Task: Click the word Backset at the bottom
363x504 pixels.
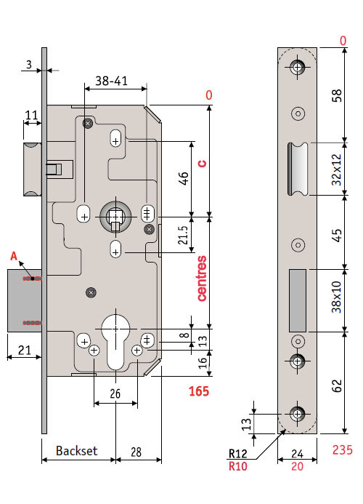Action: coord(76,451)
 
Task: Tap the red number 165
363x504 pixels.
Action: coord(199,391)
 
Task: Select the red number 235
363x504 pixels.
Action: coord(343,449)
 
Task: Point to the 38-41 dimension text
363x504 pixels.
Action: coord(111,81)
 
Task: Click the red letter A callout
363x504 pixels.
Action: coord(14,256)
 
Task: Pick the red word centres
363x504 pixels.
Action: coord(202,279)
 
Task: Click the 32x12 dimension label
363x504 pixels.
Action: coord(337,169)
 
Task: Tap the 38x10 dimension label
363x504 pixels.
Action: coord(337,297)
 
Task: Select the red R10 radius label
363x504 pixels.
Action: coord(238,466)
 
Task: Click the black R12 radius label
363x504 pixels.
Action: coord(238,454)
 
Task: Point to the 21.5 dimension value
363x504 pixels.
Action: coord(183,235)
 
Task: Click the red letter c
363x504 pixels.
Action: coord(202,164)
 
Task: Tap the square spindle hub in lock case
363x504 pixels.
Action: coord(115,217)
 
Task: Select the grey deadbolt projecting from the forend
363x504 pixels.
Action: coord(25,300)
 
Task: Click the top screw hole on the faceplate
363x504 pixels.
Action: coord(298,67)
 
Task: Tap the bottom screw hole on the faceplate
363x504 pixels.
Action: coord(298,414)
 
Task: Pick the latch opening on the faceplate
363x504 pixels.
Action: coord(298,169)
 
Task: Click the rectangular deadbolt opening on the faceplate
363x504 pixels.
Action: coord(298,300)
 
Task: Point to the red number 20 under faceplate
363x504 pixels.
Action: coord(297,466)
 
